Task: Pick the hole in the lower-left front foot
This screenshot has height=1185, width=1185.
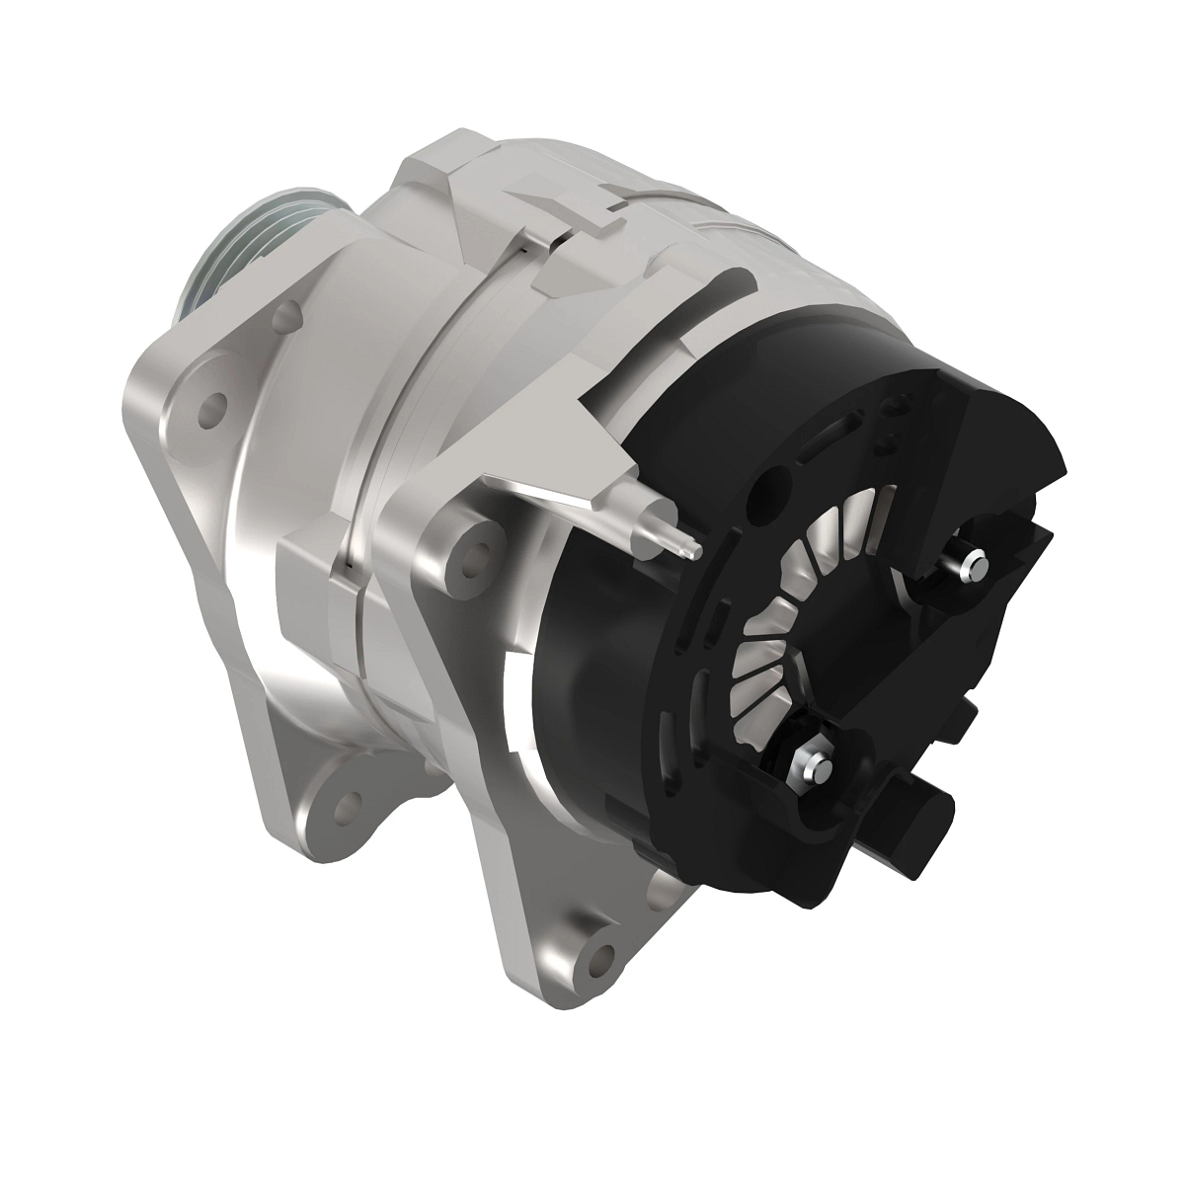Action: pos(339,802)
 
